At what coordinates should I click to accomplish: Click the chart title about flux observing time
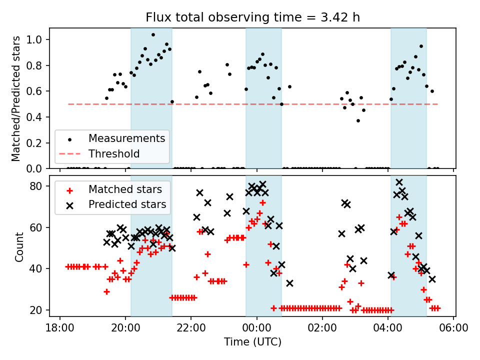point(252,17)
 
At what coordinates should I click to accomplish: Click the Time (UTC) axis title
point(252,342)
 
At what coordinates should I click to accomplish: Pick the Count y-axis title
point(19,246)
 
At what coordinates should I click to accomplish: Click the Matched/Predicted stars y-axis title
point(16,98)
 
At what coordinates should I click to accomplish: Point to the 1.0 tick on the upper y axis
point(42,39)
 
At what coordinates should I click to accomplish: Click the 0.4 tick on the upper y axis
point(42,117)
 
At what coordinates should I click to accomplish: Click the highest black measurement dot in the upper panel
point(153,35)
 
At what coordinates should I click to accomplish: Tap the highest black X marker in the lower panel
point(399,182)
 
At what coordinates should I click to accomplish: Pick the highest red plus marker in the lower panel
point(262,202)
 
